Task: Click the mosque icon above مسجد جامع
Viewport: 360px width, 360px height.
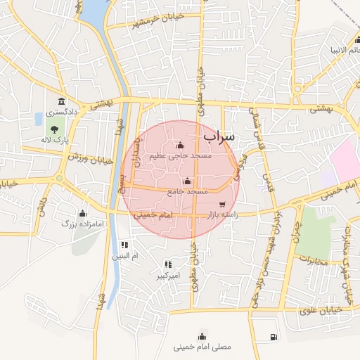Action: [186, 181]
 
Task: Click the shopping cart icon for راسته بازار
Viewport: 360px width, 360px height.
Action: [222, 205]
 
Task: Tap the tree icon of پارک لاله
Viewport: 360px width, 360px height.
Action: [53, 129]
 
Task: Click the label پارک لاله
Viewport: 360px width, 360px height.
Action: [56, 141]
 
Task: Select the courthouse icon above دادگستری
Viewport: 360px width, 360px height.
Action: [62, 101]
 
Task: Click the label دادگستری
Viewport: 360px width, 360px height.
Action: [61, 112]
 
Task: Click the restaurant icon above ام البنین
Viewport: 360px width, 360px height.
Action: [124, 245]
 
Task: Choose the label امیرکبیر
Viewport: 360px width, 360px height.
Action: [169, 276]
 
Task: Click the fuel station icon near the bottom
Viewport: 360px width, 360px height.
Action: [272, 337]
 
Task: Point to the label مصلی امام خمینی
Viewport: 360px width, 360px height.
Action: [202, 347]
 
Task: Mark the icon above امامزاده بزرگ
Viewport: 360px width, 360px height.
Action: [82, 213]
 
